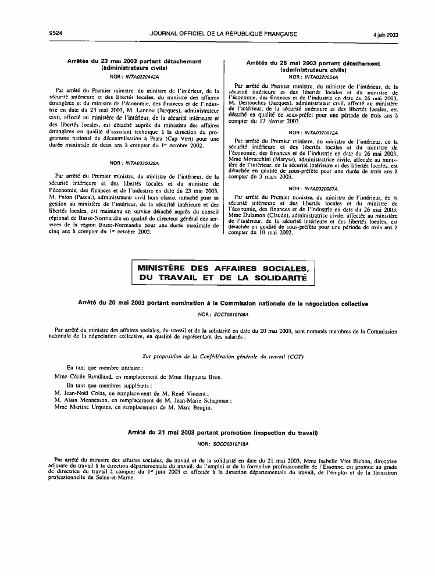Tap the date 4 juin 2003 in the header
pyautogui.click(x=384, y=34)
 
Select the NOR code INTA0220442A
pyautogui.click(x=142, y=76)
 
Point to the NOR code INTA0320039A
pyautogui.click(x=142, y=163)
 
